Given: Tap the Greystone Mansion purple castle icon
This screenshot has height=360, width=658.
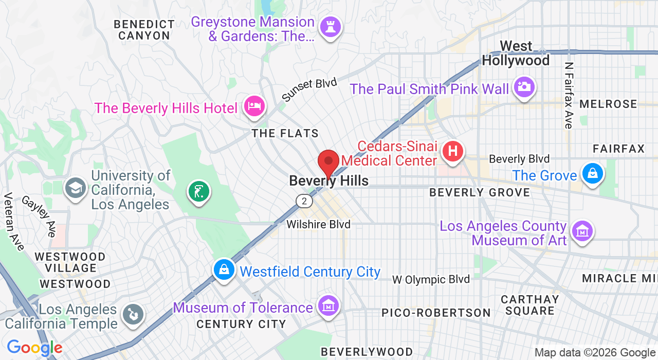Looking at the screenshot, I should point(330,27).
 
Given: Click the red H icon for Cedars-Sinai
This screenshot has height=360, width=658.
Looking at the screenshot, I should point(453,151).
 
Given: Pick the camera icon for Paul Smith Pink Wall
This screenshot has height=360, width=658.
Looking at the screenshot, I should point(524,86).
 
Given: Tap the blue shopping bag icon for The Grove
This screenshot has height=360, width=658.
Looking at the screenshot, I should point(592,173).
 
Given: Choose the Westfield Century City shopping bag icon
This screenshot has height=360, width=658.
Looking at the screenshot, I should point(224,269).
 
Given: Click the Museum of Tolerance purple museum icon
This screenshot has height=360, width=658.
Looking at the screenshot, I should point(328,305).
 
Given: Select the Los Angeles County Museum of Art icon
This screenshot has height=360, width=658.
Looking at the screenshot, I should point(582,231).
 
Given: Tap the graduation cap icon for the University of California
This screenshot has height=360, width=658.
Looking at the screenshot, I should point(76,188).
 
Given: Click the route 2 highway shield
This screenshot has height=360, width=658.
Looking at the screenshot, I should point(304,201).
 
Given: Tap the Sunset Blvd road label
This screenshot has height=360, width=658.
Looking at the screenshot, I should point(309,89).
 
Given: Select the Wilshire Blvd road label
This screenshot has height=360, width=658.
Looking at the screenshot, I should point(318,224).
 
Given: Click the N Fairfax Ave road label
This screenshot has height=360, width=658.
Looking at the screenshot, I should point(568,96).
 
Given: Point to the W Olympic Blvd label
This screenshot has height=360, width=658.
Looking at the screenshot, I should point(431,279).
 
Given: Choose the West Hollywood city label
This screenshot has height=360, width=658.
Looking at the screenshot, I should point(516,53).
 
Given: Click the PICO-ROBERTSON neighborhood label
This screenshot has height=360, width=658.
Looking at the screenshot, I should point(436,313).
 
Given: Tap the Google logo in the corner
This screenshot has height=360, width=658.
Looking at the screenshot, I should point(34,348).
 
